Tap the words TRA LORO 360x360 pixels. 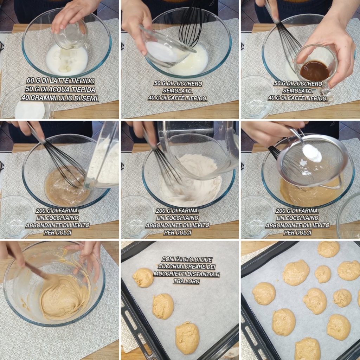click(x=186, y=281)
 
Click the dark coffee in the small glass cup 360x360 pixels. click(x=315, y=70)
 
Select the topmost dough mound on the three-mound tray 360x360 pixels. click(x=143, y=278)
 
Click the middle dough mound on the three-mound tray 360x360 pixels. click(x=163, y=306)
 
